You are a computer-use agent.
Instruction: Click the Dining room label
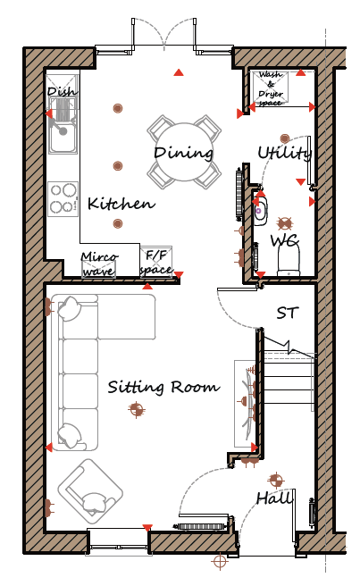(x=183, y=153)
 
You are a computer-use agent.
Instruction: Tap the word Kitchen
(x=121, y=204)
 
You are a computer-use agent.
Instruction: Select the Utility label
(x=285, y=153)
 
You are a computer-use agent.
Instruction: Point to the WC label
(x=285, y=240)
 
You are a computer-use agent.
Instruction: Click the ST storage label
(x=288, y=313)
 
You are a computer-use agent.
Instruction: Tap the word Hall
(x=274, y=498)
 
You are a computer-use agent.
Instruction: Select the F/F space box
(x=156, y=262)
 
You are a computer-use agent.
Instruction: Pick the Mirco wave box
(x=98, y=265)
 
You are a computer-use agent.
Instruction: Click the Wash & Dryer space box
(x=271, y=88)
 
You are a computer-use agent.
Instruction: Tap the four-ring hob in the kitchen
(x=63, y=199)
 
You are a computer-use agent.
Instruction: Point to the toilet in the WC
(x=289, y=261)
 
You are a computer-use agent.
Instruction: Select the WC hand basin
(x=260, y=212)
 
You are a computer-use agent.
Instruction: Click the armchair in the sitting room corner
(x=90, y=491)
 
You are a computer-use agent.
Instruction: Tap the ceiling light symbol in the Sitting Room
(x=137, y=409)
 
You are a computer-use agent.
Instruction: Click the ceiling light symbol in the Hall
(x=276, y=481)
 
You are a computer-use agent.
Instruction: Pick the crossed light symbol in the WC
(x=285, y=223)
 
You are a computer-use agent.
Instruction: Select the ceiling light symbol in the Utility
(x=285, y=138)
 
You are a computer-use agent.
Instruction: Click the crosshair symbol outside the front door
(x=220, y=561)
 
